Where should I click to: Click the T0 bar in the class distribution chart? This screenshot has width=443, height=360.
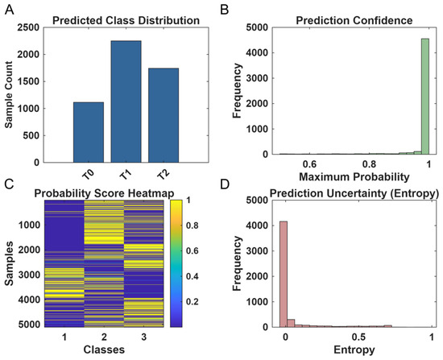pyautogui.click(x=89, y=132)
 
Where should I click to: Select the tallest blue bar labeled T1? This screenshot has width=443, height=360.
pyautogui.click(x=126, y=101)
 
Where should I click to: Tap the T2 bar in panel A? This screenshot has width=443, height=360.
pyautogui.click(x=164, y=115)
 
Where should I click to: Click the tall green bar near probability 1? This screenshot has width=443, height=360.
pyautogui.click(x=425, y=97)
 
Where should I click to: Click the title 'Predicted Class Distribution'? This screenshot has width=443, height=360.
pyautogui.click(x=126, y=21)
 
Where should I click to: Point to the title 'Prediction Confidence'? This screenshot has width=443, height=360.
pyautogui.click(x=354, y=21)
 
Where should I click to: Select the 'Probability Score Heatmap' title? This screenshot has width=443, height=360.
pyautogui.click(x=104, y=193)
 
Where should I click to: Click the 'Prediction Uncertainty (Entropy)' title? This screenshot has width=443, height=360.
pyautogui.click(x=354, y=193)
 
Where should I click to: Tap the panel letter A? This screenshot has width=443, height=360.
pyautogui.click(x=9, y=10)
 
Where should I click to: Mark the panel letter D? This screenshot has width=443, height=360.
pyautogui.click(x=225, y=184)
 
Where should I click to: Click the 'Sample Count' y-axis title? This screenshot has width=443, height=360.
pyautogui.click(x=9, y=95)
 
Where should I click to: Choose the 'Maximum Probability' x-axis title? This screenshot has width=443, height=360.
pyautogui.click(x=354, y=177)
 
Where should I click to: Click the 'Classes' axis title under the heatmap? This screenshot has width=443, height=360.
pyautogui.click(x=104, y=350)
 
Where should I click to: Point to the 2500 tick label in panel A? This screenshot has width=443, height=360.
pyautogui.click(x=28, y=27)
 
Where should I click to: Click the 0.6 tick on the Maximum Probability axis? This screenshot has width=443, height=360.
pyautogui.click(x=309, y=164)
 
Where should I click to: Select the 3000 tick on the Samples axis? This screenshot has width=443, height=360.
pyautogui.click(x=29, y=275)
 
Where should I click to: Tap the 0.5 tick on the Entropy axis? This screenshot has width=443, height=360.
pyautogui.click(x=358, y=337)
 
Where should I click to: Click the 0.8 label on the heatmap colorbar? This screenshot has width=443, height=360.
pyautogui.click(x=193, y=226)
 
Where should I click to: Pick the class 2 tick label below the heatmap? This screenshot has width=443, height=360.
pyautogui.click(x=104, y=337)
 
